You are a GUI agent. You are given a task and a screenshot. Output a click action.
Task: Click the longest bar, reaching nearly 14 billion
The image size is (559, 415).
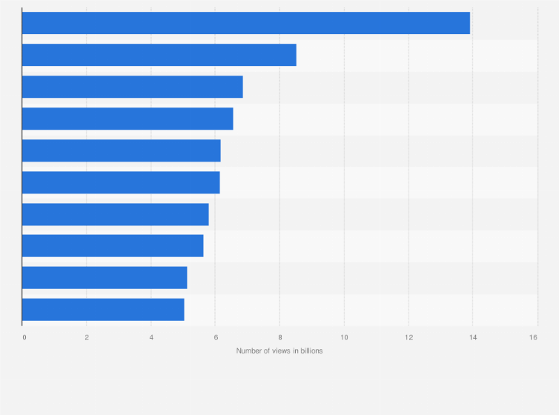click(x=245, y=23)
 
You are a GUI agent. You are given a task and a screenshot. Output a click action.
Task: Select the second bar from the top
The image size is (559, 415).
click(x=159, y=55)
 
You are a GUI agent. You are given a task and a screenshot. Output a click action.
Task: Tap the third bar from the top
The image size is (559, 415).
click(x=132, y=87)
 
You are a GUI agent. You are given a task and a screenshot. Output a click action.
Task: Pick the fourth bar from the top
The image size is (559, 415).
click(x=128, y=119)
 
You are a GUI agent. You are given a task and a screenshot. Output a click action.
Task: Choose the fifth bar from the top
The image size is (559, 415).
click(x=121, y=150)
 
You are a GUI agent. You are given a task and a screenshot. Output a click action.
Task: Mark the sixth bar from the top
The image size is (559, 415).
click(x=121, y=182)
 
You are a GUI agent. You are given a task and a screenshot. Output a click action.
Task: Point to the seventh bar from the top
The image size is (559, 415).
click(x=115, y=214)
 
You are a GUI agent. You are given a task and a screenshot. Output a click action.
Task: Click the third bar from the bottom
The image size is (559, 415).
click(x=113, y=246)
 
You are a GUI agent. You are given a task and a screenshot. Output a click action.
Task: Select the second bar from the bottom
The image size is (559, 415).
click(x=105, y=278)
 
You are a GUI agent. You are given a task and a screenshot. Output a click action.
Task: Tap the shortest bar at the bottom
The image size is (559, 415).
click(x=103, y=310)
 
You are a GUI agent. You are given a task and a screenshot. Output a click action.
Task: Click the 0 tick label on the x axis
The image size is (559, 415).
click(x=24, y=338)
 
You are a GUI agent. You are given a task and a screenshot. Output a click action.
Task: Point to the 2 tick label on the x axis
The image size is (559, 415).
click(x=87, y=338)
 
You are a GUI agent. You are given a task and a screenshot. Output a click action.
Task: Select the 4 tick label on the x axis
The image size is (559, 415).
click(x=151, y=338)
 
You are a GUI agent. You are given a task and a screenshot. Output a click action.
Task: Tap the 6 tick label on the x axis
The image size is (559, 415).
click(x=216, y=338)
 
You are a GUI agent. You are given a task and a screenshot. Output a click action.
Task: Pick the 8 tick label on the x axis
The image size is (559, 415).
click(x=280, y=338)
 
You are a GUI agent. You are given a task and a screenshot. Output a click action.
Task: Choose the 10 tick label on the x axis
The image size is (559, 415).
click(x=344, y=338)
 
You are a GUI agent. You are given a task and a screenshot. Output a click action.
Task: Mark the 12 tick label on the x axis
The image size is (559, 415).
click(x=408, y=338)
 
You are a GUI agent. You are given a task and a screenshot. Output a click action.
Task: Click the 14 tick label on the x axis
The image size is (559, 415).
click(x=472, y=338)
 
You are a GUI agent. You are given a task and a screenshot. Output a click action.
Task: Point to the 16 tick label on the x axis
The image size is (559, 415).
click(x=533, y=338)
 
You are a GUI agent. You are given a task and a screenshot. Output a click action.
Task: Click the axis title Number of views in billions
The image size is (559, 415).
click(x=279, y=351)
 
